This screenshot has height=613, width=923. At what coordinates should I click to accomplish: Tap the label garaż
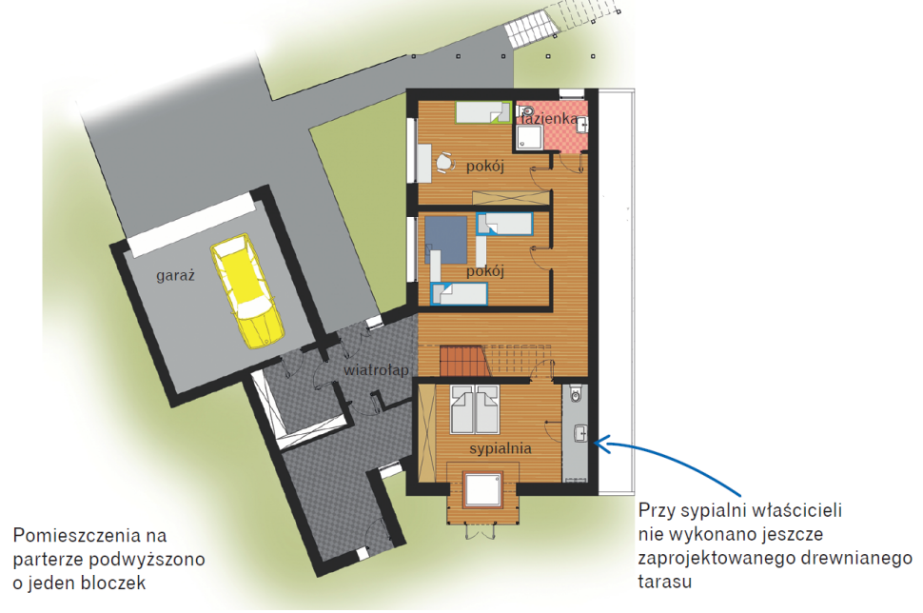pyautogui.click(x=176, y=275)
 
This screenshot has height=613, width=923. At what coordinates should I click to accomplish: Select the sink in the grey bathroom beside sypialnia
pyautogui.click(x=579, y=436)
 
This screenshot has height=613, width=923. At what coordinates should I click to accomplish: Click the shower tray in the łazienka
pyautogui.click(x=530, y=139)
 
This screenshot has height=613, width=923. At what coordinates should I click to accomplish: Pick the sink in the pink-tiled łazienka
pyautogui.click(x=581, y=125)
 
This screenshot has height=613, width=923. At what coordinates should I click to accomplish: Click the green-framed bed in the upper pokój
pyautogui.click(x=482, y=113)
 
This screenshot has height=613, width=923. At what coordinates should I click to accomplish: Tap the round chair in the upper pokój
pyautogui.click(x=443, y=164)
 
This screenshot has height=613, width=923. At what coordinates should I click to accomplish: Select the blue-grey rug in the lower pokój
pyautogui.click(x=446, y=239)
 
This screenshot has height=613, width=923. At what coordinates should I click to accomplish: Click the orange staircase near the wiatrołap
pyautogui.click(x=462, y=362)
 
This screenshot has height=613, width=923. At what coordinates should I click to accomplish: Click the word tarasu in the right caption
pyautogui.click(x=665, y=581)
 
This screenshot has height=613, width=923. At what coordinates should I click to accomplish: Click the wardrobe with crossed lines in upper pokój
pyautogui.click(x=515, y=198)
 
